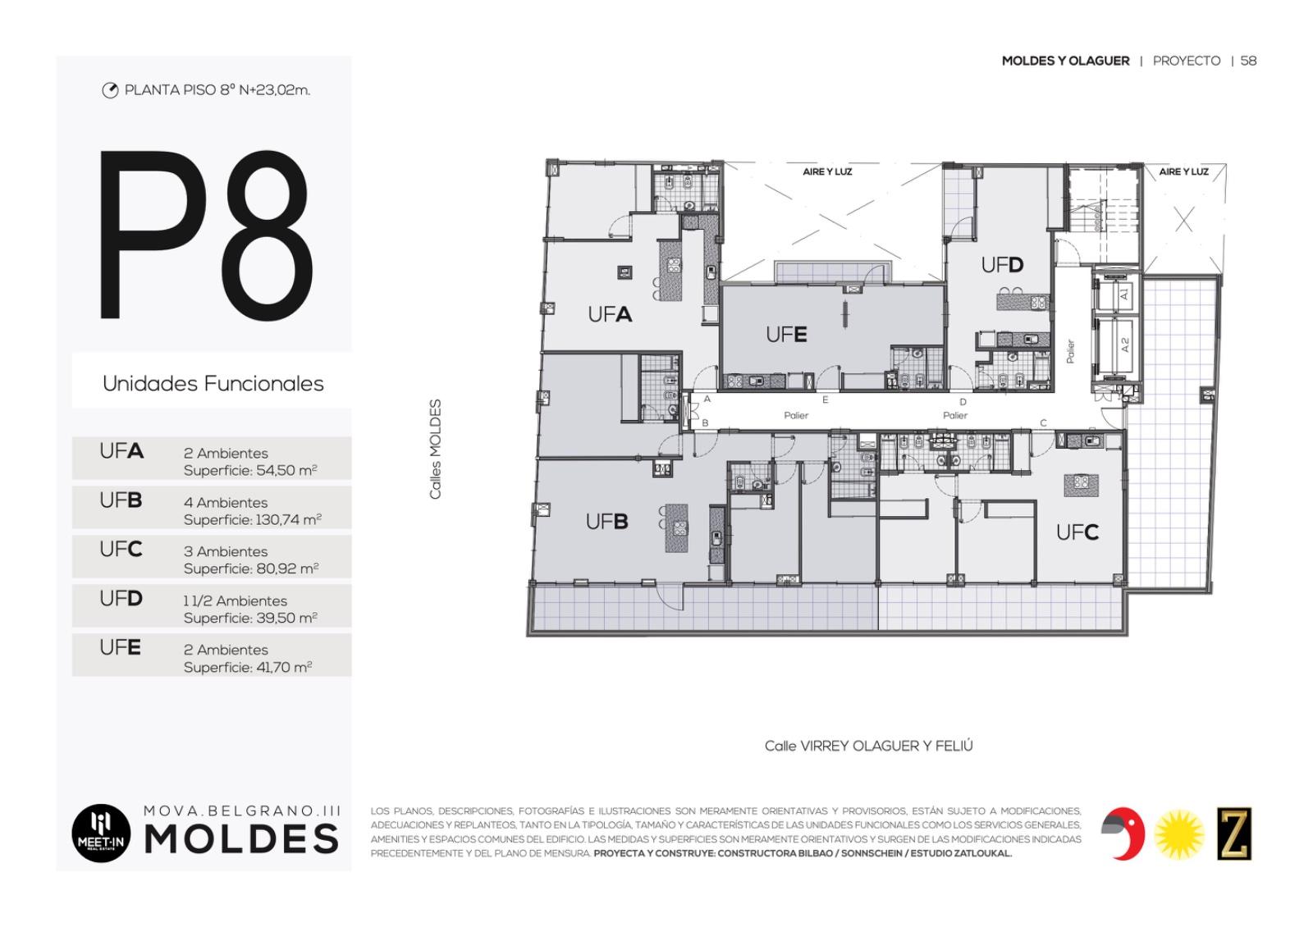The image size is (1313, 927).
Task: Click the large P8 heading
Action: tap(206, 235)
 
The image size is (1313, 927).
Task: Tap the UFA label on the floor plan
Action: tap(610, 315)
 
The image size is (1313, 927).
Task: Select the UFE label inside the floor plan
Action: tap(786, 335)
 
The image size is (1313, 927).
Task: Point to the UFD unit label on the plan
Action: tap(1002, 266)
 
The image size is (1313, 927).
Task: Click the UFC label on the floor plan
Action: tap(1077, 532)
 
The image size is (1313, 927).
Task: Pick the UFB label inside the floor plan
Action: tap(606, 521)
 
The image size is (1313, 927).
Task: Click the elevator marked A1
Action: tap(1117, 294)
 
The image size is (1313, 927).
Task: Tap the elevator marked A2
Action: tap(1117, 345)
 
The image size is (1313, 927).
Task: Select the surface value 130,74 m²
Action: tap(289, 520)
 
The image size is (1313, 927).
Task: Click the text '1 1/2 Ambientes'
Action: tap(235, 600)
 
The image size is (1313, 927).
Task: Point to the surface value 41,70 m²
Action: tap(284, 668)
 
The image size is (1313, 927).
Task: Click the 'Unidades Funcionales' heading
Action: tap(213, 383)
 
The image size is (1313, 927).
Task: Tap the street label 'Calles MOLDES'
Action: tap(435, 450)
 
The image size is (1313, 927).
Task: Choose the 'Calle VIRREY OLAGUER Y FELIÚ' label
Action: tap(869, 746)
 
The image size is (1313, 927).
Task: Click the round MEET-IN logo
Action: tap(101, 833)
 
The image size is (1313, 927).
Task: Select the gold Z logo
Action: tap(1234, 833)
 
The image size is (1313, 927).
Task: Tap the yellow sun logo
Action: tap(1179, 834)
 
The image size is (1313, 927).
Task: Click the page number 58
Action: tap(1248, 61)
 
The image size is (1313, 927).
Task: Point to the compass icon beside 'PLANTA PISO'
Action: tap(110, 90)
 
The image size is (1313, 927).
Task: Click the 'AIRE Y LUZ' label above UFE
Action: tap(827, 171)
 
